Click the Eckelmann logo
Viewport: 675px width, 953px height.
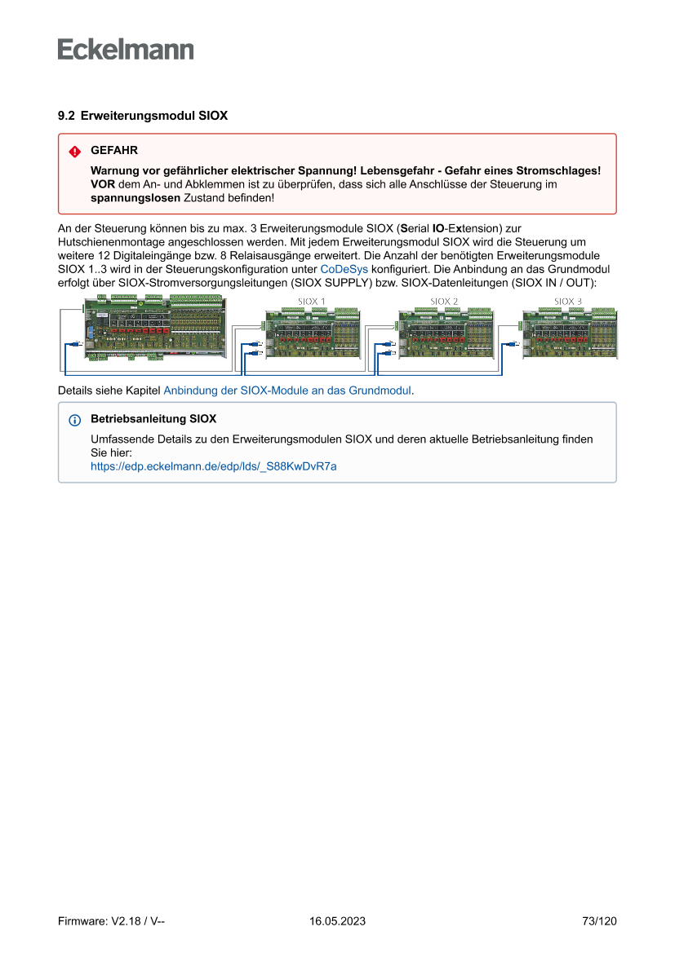126,50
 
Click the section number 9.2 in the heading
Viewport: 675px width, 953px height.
66,116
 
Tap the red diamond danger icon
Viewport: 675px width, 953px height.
75,152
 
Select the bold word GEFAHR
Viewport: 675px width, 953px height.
114,151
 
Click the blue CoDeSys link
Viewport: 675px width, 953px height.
344,268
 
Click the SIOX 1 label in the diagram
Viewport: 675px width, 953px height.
312,301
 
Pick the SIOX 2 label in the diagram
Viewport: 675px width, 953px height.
444,301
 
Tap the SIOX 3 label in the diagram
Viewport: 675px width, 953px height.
568,301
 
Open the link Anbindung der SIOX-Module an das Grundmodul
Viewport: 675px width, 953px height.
287,390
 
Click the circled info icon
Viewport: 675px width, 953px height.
75,421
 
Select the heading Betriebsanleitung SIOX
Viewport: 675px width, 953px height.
153,420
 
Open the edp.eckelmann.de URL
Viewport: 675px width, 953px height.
213,466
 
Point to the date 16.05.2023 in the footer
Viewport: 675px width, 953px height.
337,921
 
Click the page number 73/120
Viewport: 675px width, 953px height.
599,921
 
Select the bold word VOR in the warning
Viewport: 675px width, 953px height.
103,185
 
